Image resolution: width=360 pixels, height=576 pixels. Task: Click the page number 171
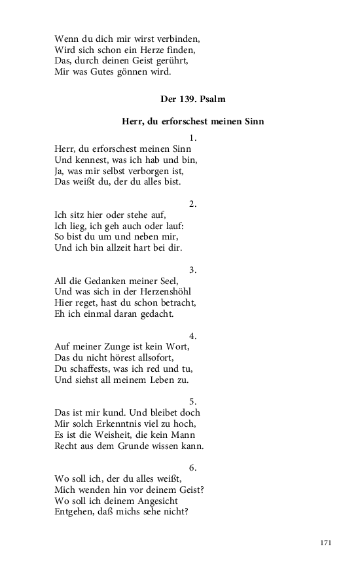click(327, 543)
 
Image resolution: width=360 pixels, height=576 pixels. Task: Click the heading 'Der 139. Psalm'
click(192, 99)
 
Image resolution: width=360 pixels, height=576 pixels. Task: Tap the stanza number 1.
click(192, 138)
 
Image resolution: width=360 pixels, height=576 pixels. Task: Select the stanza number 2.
click(192, 204)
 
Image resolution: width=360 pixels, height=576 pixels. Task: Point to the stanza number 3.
click(192, 270)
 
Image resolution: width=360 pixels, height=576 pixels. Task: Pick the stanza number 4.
click(192, 336)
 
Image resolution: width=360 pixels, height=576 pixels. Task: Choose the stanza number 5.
click(192, 402)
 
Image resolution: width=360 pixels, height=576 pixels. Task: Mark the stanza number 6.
click(192, 468)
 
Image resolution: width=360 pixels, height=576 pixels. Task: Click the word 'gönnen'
click(132, 71)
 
